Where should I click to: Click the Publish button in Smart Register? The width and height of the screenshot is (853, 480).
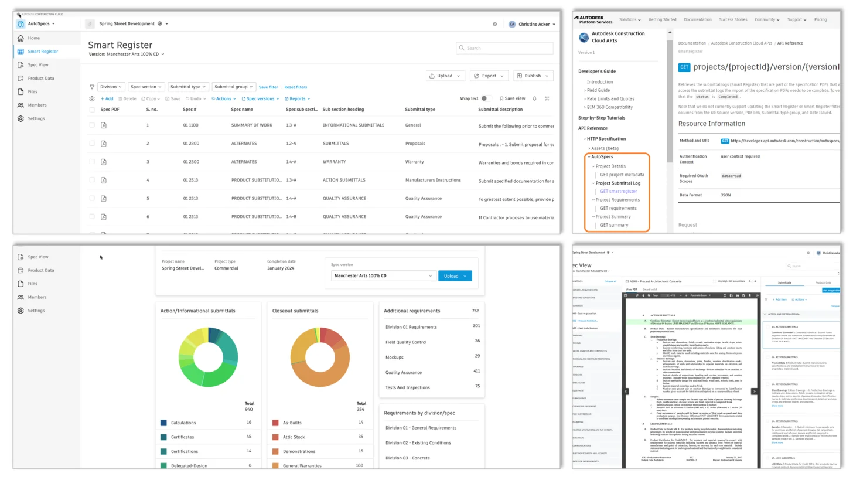[533, 76]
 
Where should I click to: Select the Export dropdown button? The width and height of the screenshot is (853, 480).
[489, 76]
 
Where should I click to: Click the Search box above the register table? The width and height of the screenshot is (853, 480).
[504, 48]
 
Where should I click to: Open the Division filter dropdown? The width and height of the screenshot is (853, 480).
[111, 87]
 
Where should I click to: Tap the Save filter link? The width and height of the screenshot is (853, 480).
[268, 87]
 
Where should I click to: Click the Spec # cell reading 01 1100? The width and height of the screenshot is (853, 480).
[190, 125]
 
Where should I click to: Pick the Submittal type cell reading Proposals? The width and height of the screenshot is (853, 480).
[415, 143]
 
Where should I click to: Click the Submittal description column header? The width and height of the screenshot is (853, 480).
[500, 109]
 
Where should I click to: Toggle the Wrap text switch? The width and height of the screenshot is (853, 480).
[484, 98]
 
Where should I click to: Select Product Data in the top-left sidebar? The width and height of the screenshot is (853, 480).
[41, 78]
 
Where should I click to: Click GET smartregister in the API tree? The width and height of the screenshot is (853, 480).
[618, 191]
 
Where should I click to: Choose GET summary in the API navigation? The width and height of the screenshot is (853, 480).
[614, 225]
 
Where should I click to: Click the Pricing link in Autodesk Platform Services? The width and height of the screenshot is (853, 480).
[820, 19]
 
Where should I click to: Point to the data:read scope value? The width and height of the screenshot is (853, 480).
[731, 175]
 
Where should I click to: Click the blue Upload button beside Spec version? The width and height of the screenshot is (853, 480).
[455, 275]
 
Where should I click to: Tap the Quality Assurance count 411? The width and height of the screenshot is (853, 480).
[476, 371]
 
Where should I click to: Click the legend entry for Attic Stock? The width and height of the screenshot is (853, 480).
[294, 437]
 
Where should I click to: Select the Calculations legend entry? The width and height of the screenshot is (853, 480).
[183, 423]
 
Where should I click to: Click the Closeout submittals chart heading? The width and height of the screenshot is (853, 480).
[295, 311]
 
